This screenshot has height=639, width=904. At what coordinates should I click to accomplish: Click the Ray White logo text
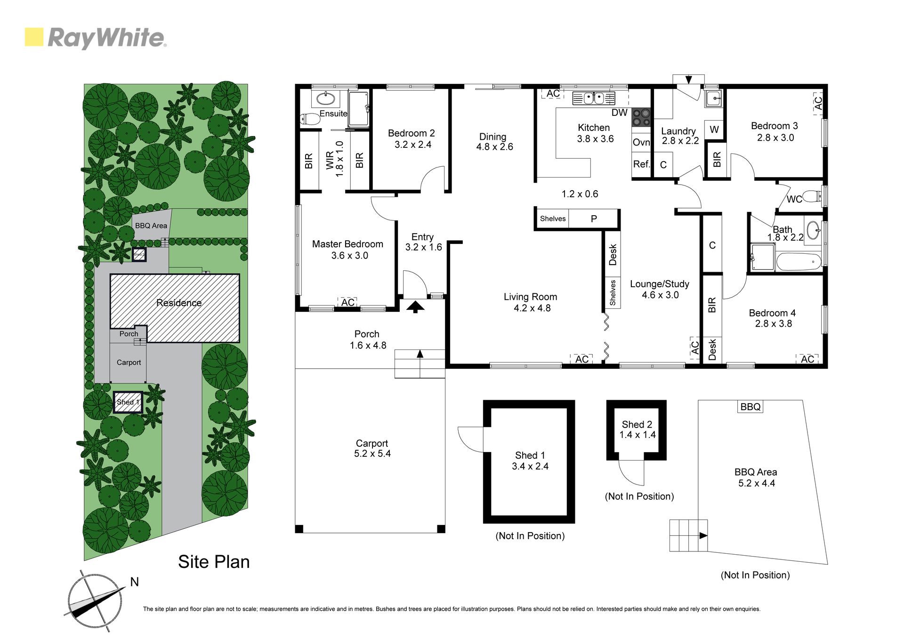click(x=107, y=38)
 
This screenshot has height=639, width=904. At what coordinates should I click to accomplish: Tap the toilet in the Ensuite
click(x=310, y=119)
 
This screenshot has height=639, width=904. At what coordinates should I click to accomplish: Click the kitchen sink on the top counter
click(x=594, y=98)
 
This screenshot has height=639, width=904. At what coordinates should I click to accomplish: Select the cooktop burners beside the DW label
click(x=641, y=117)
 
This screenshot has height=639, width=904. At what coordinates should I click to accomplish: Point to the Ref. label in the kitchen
click(x=641, y=164)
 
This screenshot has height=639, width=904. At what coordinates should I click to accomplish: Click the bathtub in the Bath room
click(x=799, y=261)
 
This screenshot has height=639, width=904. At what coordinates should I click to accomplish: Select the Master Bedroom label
click(x=347, y=244)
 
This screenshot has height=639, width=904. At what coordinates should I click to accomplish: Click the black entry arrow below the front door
click(x=415, y=307)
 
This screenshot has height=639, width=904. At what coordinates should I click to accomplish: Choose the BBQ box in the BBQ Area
click(x=750, y=407)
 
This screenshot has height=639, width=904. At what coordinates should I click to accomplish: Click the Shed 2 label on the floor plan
click(x=637, y=424)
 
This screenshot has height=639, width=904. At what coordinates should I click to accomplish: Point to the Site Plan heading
click(x=214, y=562)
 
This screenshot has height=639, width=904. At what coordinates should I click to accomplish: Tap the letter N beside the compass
click(x=134, y=582)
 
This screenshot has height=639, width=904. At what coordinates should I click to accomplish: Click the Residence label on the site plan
click(x=179, y=303)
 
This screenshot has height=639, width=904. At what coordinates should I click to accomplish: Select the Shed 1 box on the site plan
click(x=128, y=403)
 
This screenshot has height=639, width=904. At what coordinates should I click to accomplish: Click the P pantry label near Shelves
click(x=594, y=219)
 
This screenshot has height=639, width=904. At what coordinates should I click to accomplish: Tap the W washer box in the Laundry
click(x=714, y=129)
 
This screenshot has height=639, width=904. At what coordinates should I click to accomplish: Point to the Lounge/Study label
click(x=660, y=284)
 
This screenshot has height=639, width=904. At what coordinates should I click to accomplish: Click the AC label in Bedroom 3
click(x=818, y=103)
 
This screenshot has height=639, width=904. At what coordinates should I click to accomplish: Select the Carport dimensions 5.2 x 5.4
click(x=372, y=453)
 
